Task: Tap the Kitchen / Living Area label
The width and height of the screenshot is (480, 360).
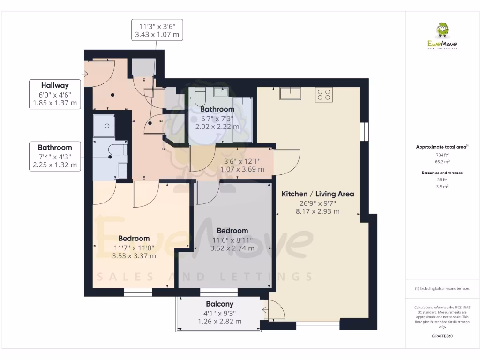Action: coord(317,194)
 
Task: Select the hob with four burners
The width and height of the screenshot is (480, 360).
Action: coord(324,95)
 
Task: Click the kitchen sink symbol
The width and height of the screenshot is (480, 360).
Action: coord(290,93)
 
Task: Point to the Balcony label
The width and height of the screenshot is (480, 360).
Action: coord(219,304)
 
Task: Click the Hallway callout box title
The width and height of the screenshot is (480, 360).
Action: coord(54,85)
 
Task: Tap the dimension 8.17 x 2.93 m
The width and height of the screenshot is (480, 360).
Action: coord(317,211)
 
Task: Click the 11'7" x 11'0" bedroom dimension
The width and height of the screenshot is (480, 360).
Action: coord(134,247)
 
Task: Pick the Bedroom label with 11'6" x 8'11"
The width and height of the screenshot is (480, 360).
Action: coord(232,231)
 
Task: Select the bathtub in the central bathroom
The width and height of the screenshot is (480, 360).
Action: coord(242,120)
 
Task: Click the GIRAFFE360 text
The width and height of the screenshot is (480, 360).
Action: coord(442,336)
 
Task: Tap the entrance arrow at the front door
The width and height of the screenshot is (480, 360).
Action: coord(86,74)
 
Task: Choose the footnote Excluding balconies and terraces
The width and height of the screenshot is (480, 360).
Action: coord(442,289)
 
